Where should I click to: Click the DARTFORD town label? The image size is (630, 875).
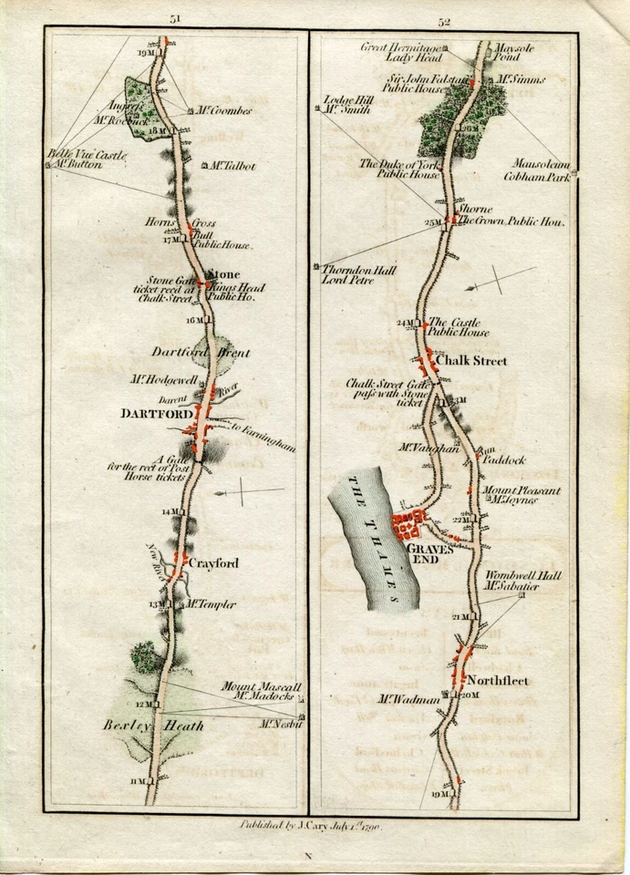pyautogui.click(x=151, y=413)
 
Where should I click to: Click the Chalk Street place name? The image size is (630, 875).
pyautogui.click(x=471, y=362)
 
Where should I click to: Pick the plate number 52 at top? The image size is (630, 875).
pyautogui.click(x=470, y=19)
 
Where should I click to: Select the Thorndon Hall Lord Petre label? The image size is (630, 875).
pyautogui.click(x=350, y=274)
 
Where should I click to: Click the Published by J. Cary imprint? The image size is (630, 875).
pyautogui.click(x=309, y=826)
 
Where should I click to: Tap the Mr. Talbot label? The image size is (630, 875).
pyautogui.click(x=232, y=167)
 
